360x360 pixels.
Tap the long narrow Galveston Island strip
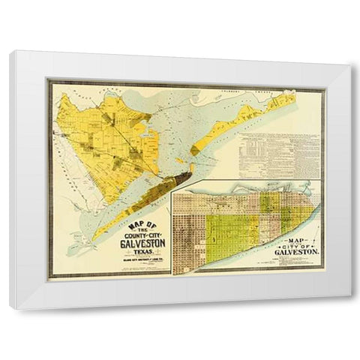[127, 210]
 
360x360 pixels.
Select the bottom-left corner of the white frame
[10, 307]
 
